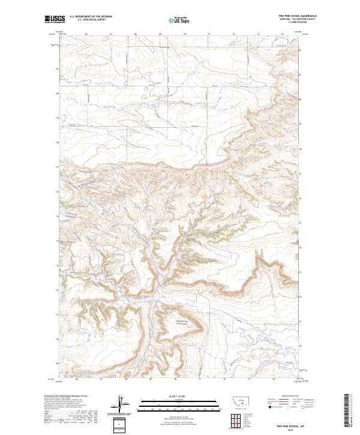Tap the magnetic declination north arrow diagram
click(x=123, y=405)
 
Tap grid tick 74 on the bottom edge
click(x=273, y=379)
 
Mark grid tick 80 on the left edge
click(x=58, y=94)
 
